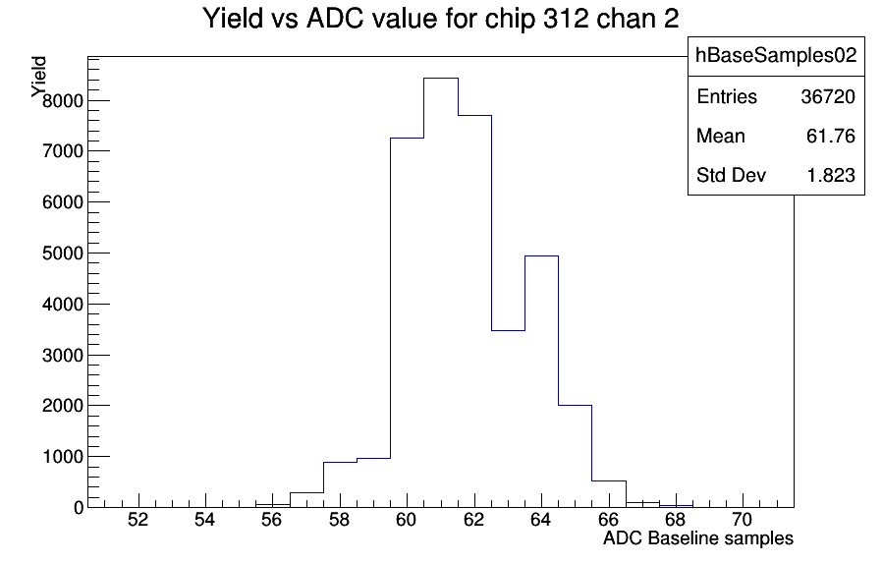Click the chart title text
click(440, 18)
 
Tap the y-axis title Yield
click(39, 77)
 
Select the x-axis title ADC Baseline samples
click(698, 538)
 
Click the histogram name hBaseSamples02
click(776, 55)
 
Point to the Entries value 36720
click(828, 97)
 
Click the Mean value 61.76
click(831, 137)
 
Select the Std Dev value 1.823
click(831, 176)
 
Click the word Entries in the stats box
click(727, 97)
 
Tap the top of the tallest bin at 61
click(441, 79)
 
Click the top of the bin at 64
click(542, 256)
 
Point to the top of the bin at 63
click(508, 330)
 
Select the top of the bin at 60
click(408, 138)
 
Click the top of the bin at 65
click(575, 405)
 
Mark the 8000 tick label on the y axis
click(63, 101)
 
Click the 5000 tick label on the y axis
click(63, 254)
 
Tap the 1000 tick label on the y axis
click(63, 457)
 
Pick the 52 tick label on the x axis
click(138, 520)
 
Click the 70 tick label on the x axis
click(743, 520)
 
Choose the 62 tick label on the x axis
click(474, 520)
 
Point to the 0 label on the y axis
click(79, 508)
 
